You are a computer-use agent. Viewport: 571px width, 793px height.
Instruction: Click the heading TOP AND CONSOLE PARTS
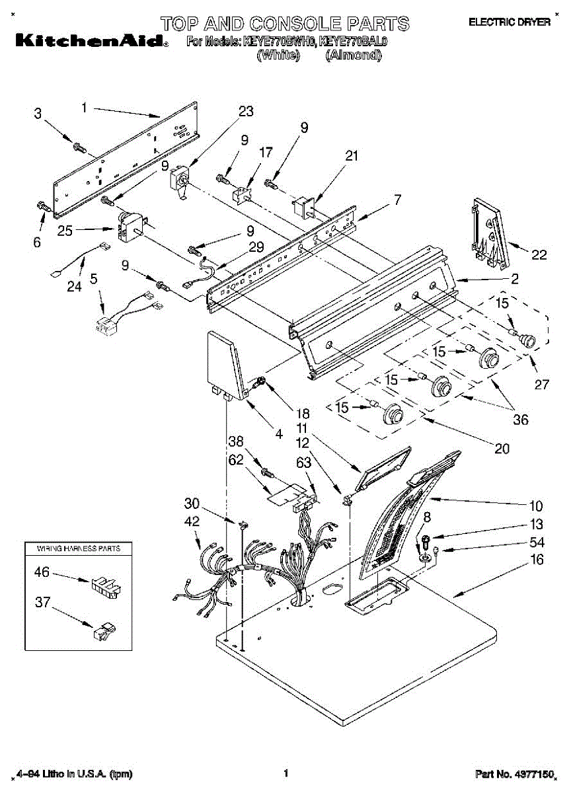point(285,24)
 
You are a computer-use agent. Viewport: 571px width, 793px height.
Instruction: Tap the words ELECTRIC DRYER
point(509,22)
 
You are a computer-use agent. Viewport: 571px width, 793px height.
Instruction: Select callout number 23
point(245,112)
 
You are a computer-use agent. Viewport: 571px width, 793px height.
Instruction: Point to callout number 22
point(539,255)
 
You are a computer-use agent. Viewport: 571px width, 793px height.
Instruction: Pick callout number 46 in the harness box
point(42,572)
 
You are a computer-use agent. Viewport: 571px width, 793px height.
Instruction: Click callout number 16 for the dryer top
point(537,560)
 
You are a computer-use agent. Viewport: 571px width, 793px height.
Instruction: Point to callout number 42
point(191,521)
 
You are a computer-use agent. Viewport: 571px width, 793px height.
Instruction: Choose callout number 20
point(502,448)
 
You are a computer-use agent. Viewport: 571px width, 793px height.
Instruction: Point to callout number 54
point(536,543)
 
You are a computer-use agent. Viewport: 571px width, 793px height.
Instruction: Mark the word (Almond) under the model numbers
point(353,56)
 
